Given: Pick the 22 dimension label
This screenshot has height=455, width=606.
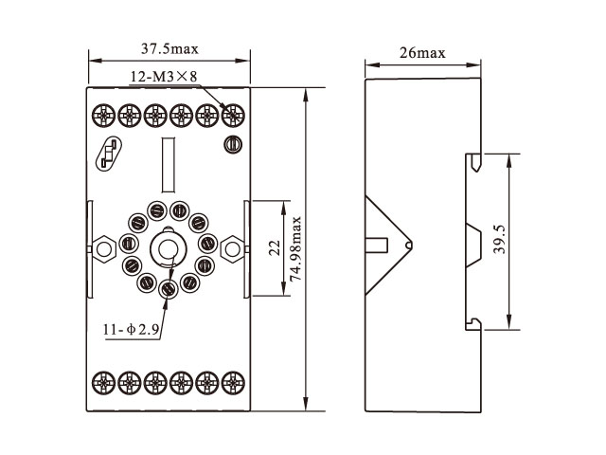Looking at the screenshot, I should [273, 248].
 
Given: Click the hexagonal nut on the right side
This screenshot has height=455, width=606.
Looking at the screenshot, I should [230, 250].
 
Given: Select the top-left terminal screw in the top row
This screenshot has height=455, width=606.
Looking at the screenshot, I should [101, 116].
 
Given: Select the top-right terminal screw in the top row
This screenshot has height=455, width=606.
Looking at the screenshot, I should [231, 116].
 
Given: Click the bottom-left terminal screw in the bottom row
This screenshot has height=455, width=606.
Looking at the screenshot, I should [101, 383].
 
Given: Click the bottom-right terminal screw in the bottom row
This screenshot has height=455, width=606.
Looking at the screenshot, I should [231, 383].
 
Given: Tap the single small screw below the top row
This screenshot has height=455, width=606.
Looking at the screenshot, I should [231, 144].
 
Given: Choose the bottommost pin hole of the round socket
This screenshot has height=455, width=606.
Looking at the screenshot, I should [169, 287].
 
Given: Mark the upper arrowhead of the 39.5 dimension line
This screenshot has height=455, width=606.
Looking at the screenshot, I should [509, 160].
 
